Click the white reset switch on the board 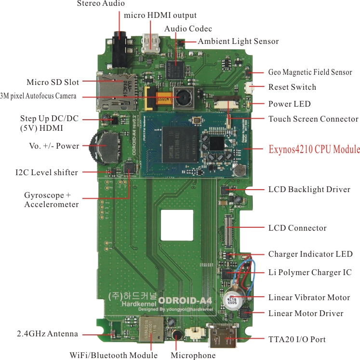(x=250, y=88)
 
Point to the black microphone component (x=177, y=335)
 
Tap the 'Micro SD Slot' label (x=53, y=82)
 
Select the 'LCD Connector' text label (x=297, y=228)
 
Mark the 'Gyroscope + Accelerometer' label (x=52, y=200)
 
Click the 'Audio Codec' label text (x=188, y=29)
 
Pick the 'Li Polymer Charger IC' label (x=310, y=272)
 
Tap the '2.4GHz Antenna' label (x=47, y=333)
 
